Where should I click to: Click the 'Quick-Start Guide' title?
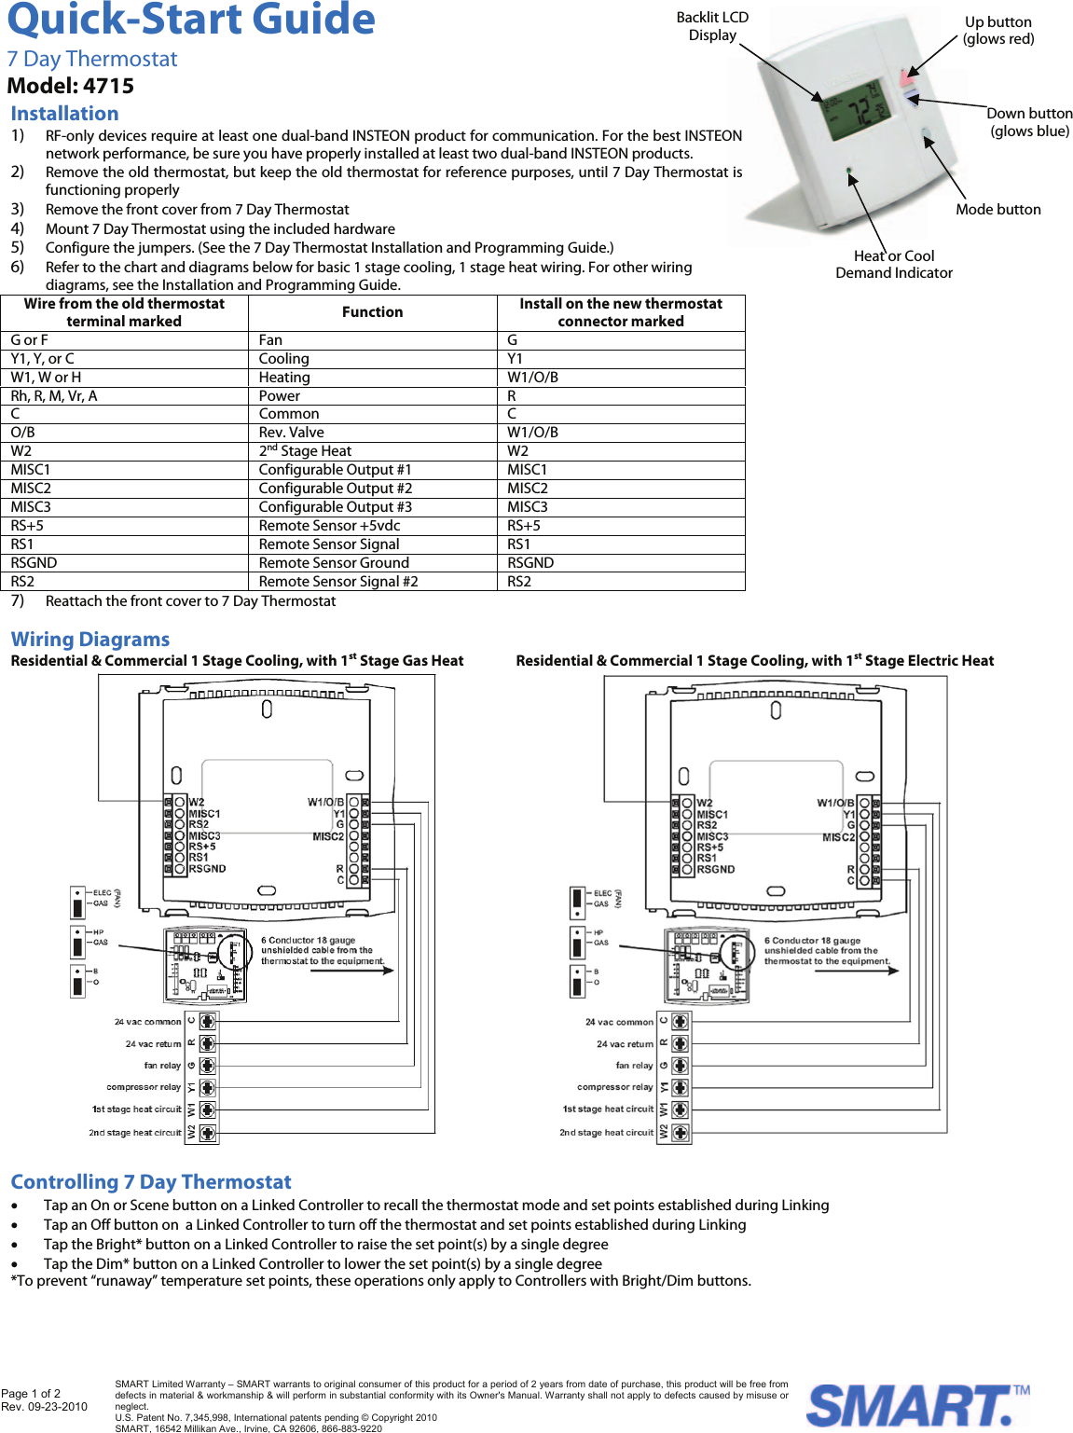[191, 21]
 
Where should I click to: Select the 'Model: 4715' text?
[71, 86]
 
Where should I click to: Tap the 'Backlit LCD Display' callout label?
[712, 26]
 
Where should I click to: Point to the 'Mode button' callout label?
[997, 210]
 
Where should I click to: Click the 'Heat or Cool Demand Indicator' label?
[893, 265]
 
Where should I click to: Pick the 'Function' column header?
[372, 312]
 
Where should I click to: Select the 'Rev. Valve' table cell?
[292, 433]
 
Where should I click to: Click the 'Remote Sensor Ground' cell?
[334, 563]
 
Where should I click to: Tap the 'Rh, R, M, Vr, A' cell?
[54, 396]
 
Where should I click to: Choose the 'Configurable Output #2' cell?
[336, 489]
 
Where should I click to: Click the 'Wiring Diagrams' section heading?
[90, 640]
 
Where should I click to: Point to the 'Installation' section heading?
[64, 114]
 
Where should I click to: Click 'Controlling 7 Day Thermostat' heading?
[151, 1182]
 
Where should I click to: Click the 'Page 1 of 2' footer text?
[31, 1394]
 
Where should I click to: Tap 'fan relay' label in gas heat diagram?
[162, 1066]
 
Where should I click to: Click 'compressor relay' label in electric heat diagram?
[614, 1087]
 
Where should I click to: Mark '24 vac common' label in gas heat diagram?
[147, 1022]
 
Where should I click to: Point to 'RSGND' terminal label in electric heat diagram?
[715, 869]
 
